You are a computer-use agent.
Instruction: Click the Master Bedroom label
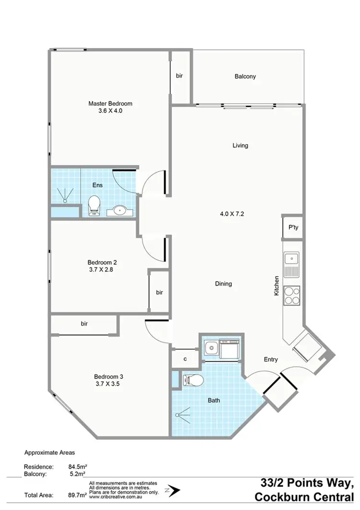click(x=110, y=103)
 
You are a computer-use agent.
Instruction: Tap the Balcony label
click(x=245, y=76)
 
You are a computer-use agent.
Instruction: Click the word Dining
click(x=223, y=284)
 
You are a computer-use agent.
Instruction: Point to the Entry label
click(x=271, y=359)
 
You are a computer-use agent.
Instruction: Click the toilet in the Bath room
click(x=194, y=380)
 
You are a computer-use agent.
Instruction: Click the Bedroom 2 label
click(x=102, y=262)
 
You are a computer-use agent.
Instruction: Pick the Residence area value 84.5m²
click(x=78, y=466)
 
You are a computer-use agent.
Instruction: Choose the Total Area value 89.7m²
click(x=78, y=495)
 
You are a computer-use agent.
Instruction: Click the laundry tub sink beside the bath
click(x=209, y=347)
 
